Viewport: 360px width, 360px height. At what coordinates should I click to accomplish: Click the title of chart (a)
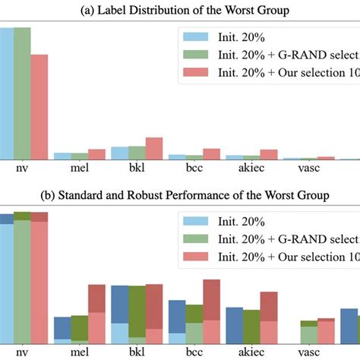pos(180,8)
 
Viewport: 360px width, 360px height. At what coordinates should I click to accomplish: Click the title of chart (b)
pos(180,195)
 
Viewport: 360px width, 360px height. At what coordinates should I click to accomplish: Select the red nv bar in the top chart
pos(39,106)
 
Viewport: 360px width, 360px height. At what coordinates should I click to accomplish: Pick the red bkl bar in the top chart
pos(154,148)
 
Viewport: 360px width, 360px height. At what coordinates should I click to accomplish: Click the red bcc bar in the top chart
pos(211,153)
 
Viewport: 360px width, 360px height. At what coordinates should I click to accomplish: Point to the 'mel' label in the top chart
pos(80,170)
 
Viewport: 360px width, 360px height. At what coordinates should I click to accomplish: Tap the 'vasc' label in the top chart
pos(309,170)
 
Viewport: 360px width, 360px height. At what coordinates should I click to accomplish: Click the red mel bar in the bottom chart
pos(96,311)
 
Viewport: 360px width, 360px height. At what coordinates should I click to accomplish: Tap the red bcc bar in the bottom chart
pos(212,308)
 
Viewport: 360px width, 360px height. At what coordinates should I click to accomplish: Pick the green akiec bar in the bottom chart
pos(251,322)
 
